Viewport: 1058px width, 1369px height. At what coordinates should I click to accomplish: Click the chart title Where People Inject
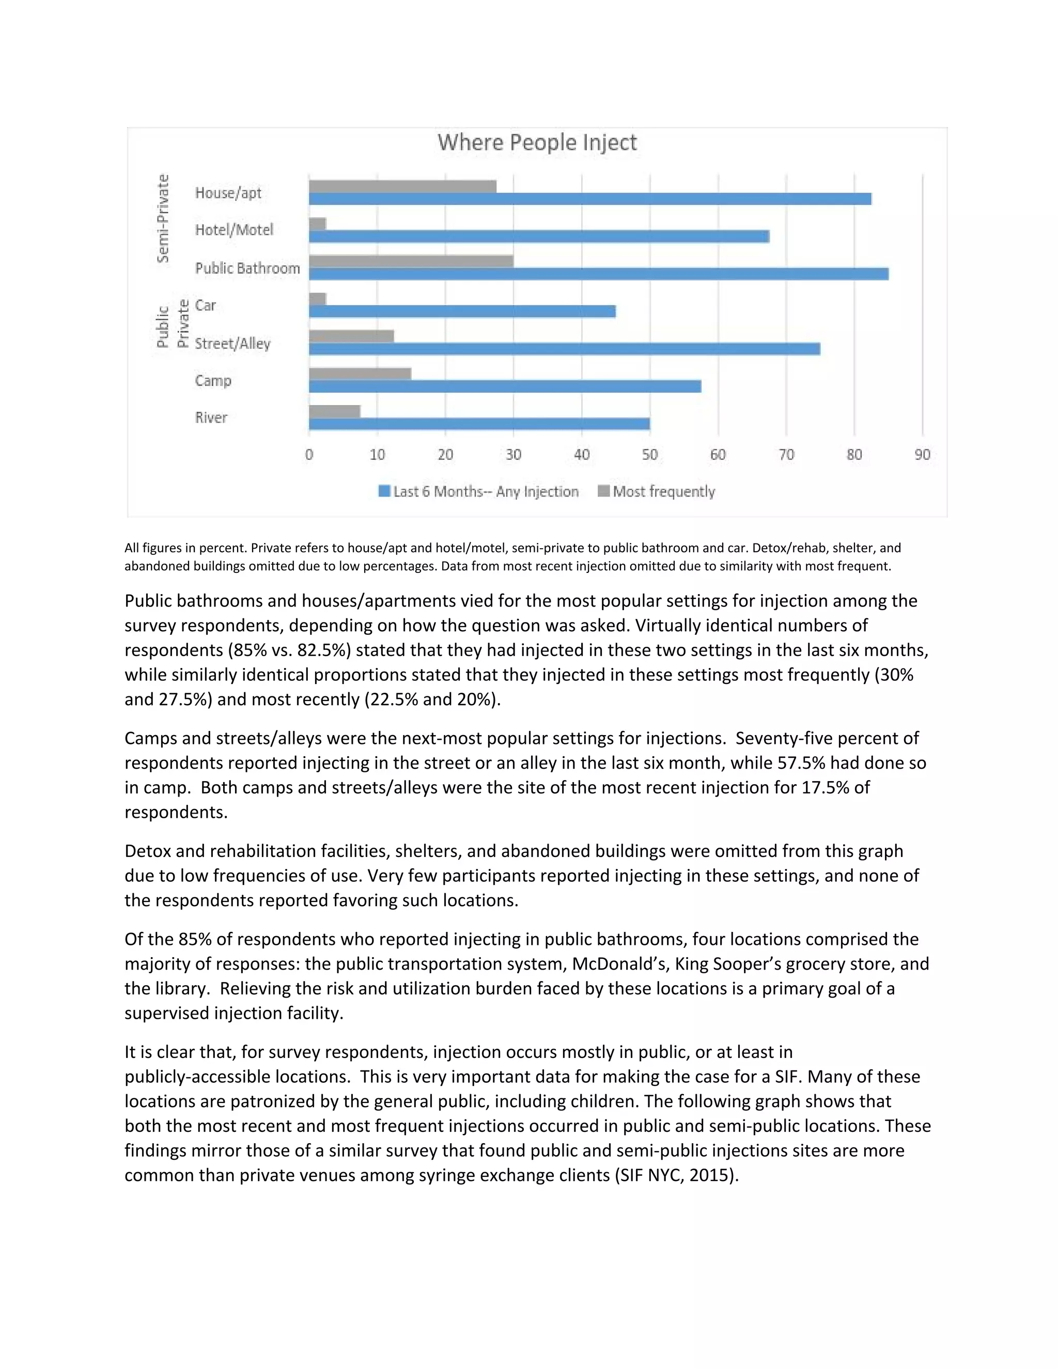[537, 142]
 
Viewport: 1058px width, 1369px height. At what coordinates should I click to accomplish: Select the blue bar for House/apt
[589, 199]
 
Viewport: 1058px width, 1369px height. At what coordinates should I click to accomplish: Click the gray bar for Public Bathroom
[411, 261]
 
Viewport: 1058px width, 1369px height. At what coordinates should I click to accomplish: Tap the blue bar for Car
[462, 312]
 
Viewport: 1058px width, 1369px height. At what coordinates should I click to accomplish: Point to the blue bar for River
[479, 424]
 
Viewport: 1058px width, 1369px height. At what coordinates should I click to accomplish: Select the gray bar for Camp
[360, 374]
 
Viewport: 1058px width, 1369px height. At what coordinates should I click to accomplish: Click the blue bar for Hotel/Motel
[539, 236]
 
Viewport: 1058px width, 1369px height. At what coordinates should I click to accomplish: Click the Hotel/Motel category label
[234, 230]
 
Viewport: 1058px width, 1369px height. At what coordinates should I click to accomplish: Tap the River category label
[211, 418]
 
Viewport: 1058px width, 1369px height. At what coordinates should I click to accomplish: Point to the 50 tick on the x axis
[649, 455]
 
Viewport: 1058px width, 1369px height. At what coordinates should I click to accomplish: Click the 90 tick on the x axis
[922, 455]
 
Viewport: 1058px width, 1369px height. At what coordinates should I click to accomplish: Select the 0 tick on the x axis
[309, 455]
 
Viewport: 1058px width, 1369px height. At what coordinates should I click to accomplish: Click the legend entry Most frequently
[663, 491]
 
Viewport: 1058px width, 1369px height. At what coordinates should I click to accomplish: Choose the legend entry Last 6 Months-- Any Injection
[485, 491]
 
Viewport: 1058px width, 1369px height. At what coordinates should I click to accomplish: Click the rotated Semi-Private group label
[163, 218]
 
